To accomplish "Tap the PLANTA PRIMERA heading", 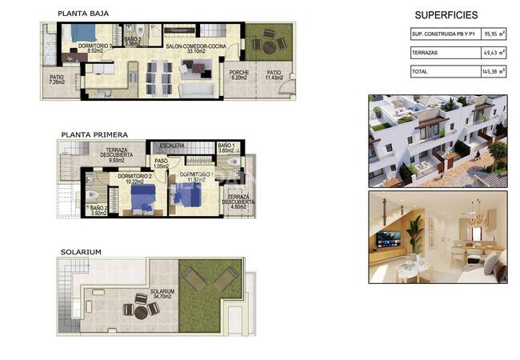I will click(94, 135).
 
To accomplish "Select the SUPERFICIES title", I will click(446, 15).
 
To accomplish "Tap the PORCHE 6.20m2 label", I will click(239, 75).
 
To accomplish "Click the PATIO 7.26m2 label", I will click(57, 80).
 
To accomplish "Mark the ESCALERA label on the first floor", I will click(172, 146).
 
